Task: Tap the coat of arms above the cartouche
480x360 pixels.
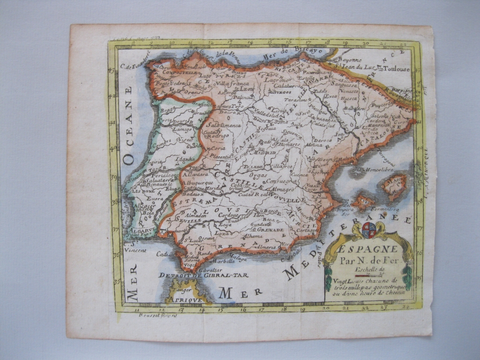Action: tap(369, 229)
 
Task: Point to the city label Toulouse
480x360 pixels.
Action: tap(397, 69)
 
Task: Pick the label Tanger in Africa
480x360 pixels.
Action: tap(180, 290)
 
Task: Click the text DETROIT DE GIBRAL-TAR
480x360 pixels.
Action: tap(203, 275)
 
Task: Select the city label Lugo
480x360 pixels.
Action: tap(205, 75)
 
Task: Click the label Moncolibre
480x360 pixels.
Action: tap(378, 169)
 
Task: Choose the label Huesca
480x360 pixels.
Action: tap(347, 99)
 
